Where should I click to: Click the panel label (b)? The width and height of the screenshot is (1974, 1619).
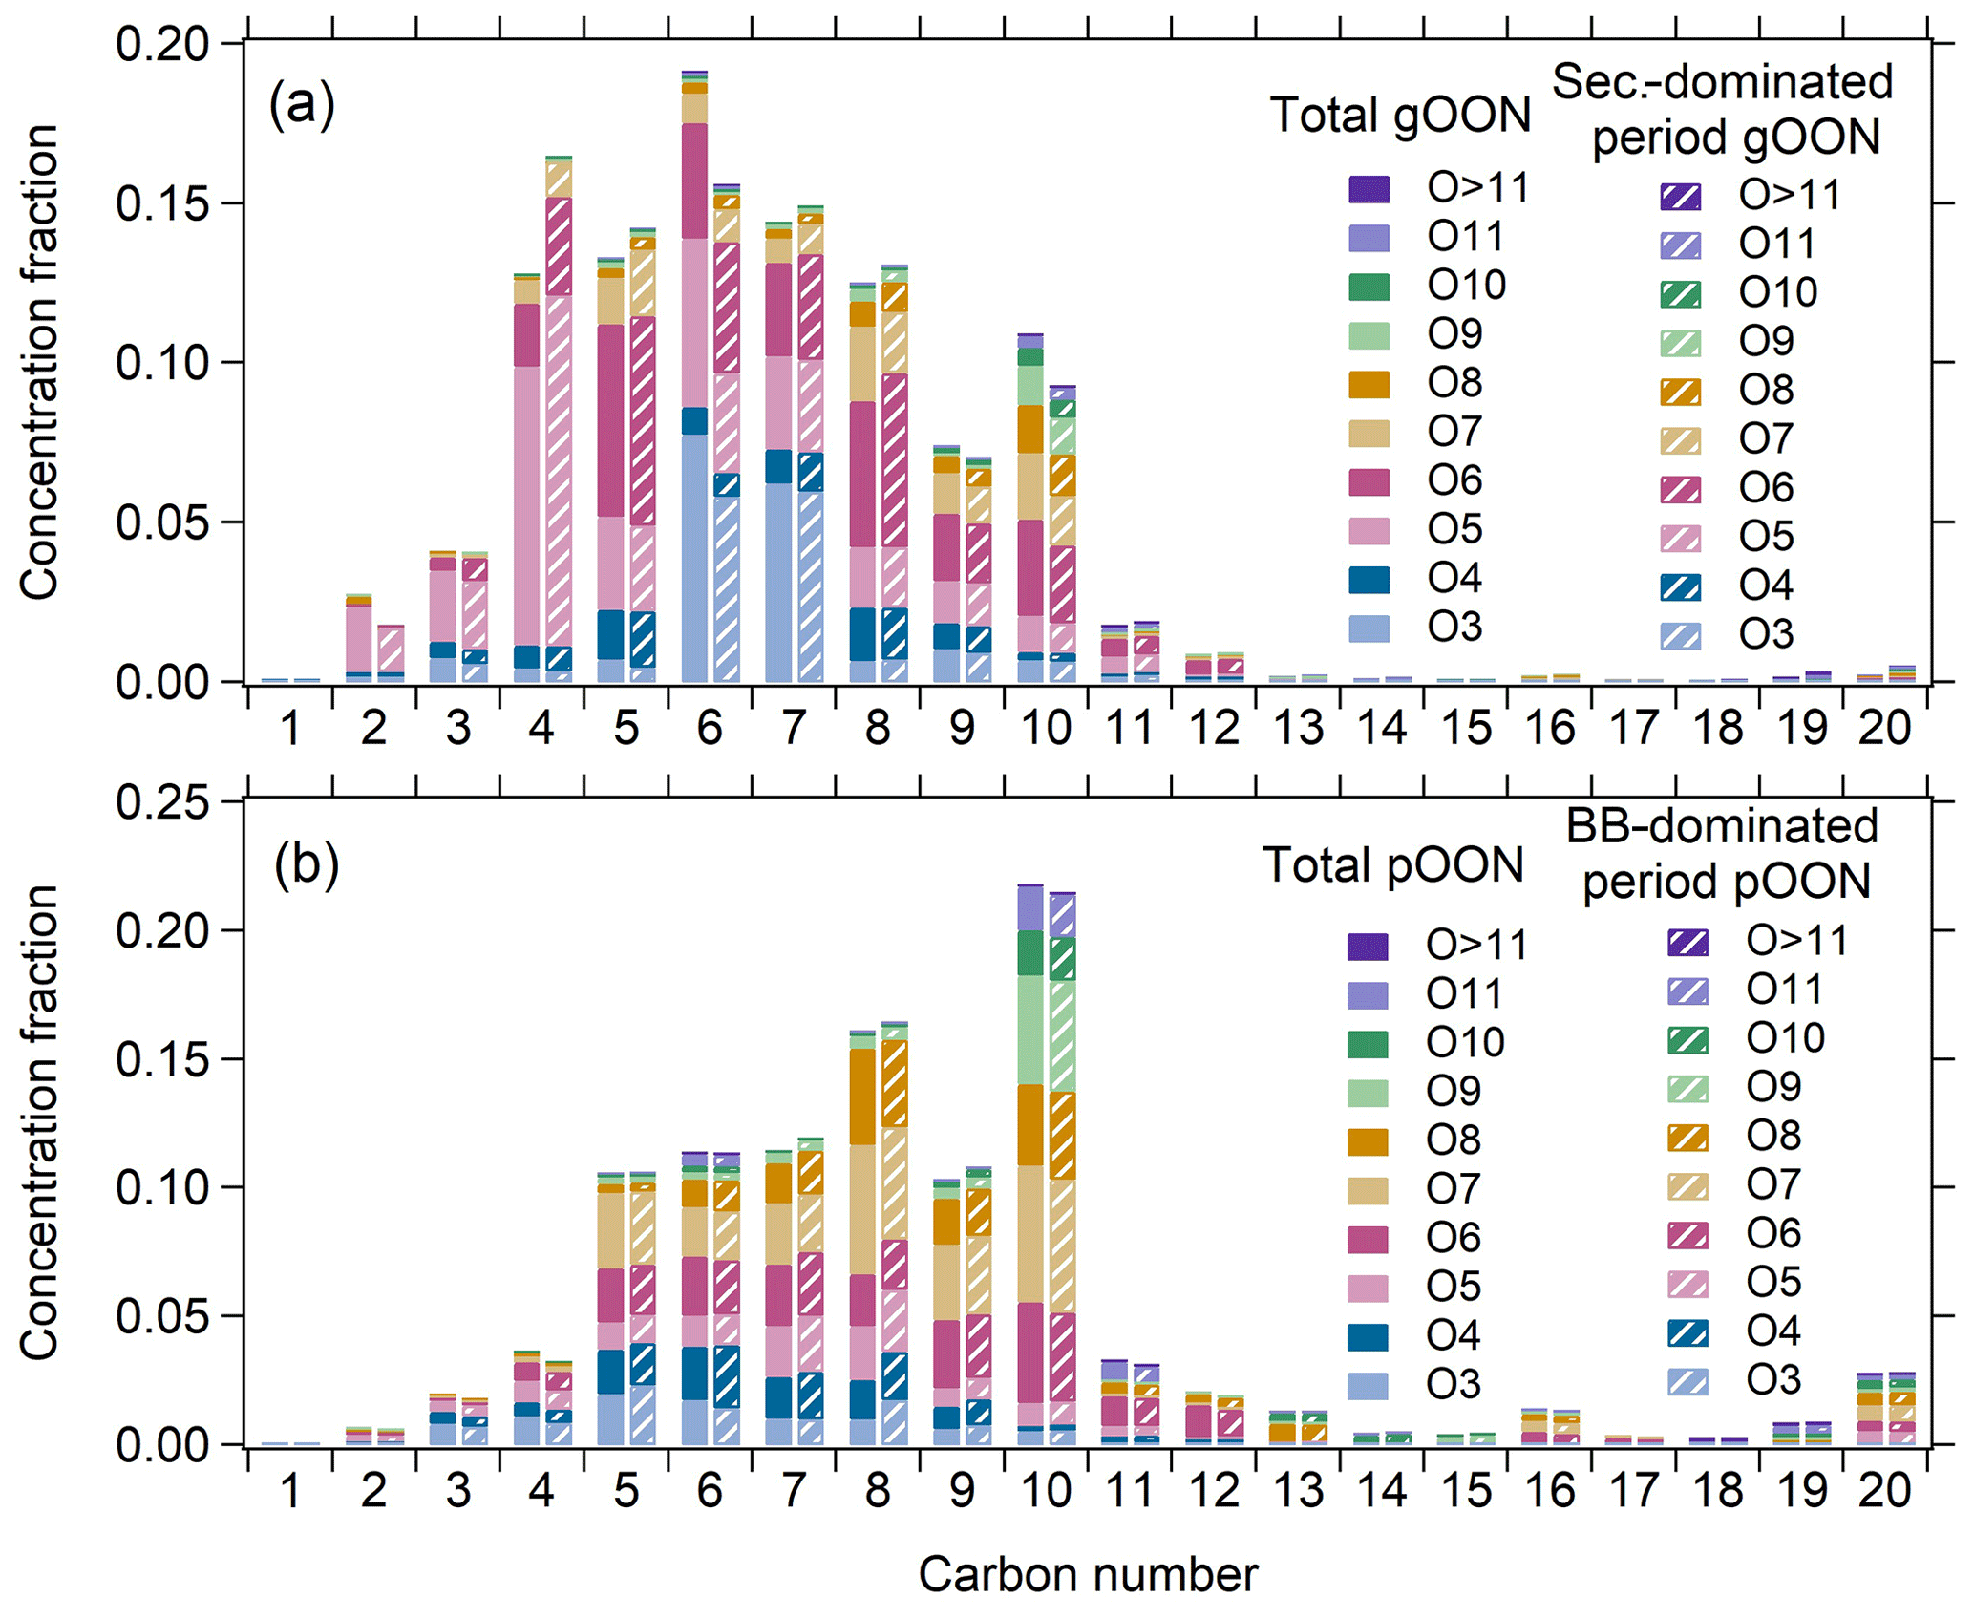(x=306, y=865)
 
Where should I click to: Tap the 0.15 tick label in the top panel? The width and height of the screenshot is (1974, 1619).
(x=162, y=204)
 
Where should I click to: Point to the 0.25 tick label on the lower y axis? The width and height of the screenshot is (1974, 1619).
(x=162, y=802)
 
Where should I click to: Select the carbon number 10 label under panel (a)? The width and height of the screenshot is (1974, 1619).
(x=1046, y=729)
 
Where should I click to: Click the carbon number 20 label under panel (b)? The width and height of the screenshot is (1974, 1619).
(x=1884, y=1491)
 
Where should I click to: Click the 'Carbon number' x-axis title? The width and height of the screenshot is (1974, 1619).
(x=1088, y=1574)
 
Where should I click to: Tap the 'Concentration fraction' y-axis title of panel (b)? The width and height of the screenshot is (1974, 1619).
(x=40, y=1122)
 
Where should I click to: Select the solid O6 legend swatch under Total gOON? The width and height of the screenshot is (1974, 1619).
(x=1369, y=482)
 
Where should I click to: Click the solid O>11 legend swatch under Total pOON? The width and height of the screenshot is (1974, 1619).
(x=1368, y=947)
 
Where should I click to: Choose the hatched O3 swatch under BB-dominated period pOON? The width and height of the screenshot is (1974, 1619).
(x=1687, y=1381)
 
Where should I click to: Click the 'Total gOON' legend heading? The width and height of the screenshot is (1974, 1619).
(x=1400, y=117)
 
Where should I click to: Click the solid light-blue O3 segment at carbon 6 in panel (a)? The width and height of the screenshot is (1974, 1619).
(x=694, y=559)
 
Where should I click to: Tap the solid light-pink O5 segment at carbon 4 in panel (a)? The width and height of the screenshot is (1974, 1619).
(x=526, y=506)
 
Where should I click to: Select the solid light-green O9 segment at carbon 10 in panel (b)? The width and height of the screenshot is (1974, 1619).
(x=1030, y=1030)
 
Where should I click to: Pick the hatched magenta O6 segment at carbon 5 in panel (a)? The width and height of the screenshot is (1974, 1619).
(x=643, y=420)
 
